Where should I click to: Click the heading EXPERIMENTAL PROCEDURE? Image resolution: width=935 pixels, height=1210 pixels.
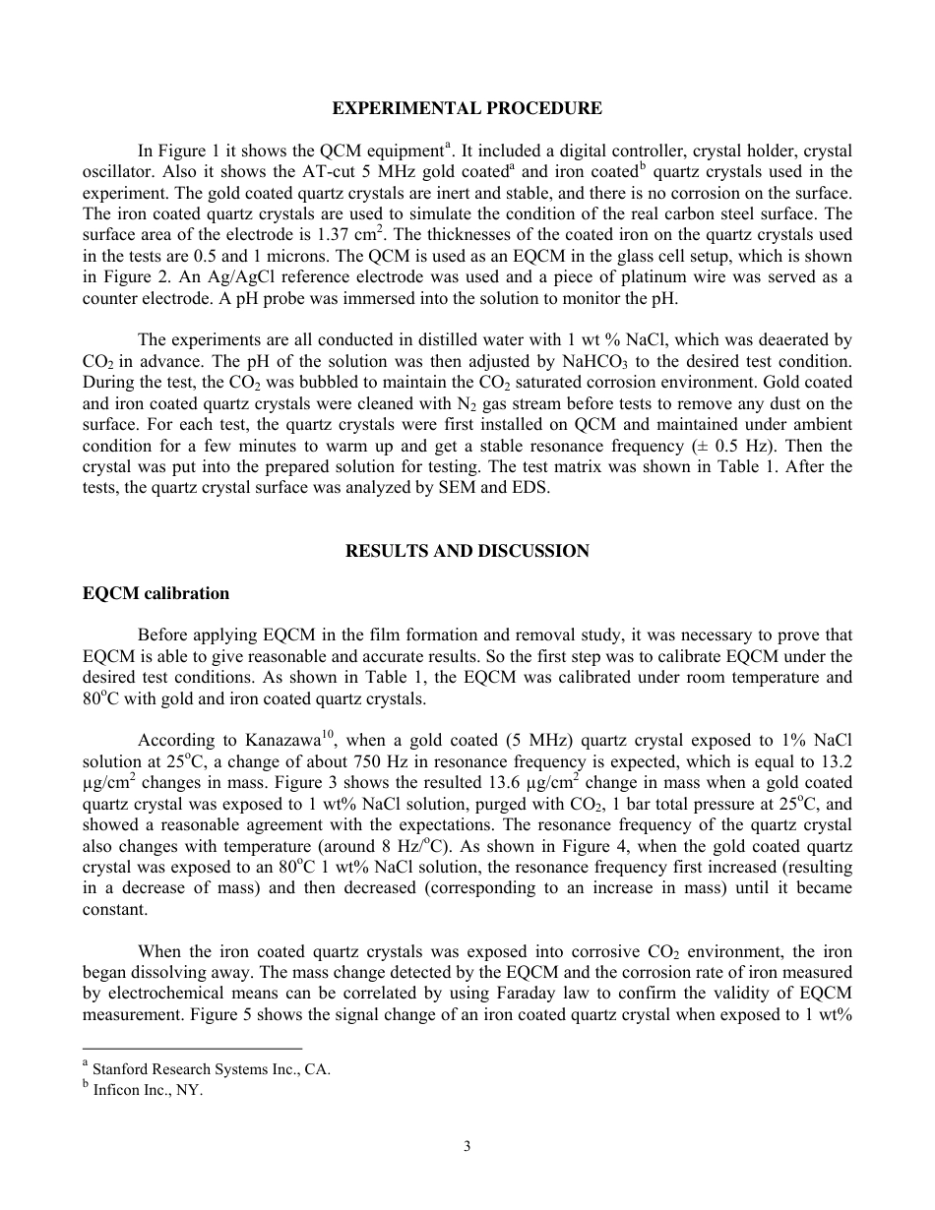467,108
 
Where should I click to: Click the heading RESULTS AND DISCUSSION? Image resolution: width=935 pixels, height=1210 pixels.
467,551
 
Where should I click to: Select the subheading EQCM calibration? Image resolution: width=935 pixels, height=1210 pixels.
156,593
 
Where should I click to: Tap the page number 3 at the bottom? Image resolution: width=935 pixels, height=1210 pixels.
467,1146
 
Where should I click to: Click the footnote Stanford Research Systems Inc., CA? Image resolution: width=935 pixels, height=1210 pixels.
211,1069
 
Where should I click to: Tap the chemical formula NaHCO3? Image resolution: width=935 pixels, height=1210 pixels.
590,363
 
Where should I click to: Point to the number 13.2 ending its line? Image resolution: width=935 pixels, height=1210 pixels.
835,761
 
